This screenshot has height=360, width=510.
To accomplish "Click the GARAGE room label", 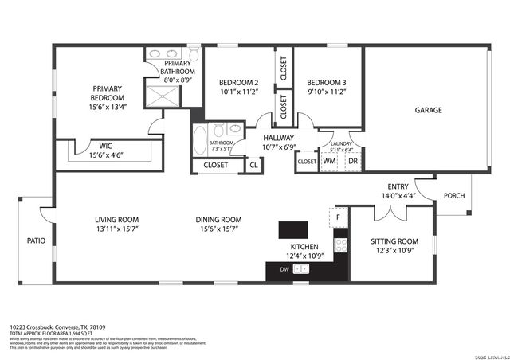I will click(428, 110).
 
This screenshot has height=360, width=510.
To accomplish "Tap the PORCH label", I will click(454, 195).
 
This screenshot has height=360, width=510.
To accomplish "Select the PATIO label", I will click(36, 240).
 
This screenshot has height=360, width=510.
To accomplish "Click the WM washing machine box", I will click(329, 161).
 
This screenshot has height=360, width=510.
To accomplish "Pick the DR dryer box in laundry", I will click(352, 161).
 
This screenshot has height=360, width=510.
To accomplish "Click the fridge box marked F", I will click(339, 217).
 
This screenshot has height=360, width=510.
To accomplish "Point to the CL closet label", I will click(253, 165).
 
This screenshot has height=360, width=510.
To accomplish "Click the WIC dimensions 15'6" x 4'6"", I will click(106, 156).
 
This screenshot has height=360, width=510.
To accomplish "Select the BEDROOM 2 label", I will click(238, 83).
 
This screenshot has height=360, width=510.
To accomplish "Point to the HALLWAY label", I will click(279, 137).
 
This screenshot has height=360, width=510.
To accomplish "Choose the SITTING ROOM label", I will click(394, 241).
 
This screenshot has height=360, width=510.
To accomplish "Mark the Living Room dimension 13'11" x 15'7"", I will click(117, 229).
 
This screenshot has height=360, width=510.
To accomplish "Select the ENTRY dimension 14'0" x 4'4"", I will click(398, 195).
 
